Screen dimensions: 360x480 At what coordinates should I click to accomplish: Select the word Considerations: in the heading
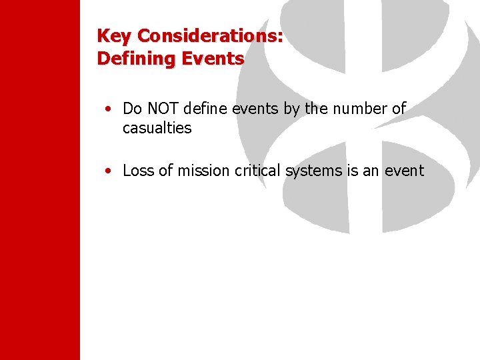(x=210, y=36)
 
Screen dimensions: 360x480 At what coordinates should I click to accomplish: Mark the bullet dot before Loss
(x=108, y=171)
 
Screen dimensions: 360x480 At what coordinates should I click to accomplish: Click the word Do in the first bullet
(x=132, y=109)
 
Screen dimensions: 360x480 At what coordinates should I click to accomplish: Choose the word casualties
(x=157, y=128)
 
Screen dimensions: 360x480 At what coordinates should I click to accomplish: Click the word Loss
(x=138, y=171)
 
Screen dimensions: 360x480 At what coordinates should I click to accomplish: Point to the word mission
(x=202, y=171)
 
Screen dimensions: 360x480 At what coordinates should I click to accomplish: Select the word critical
(x=258, y=171)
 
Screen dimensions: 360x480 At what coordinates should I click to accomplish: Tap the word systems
(x=313, y=171)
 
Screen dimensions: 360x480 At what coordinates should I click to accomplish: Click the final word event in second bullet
(x=404, y=171)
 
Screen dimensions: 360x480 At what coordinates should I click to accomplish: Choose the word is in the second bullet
(x=352, y=171)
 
